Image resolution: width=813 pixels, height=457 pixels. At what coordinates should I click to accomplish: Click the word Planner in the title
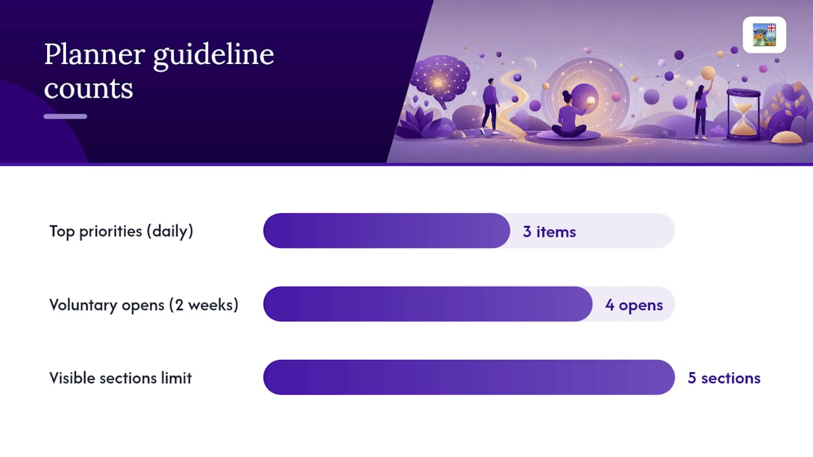tap(95, 55)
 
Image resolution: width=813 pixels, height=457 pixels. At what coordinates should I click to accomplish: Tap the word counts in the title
tap(88, 89)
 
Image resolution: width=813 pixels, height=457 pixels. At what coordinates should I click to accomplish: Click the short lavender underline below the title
tap(65, 116)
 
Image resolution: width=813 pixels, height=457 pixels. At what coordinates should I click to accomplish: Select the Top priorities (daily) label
tap(121, 232)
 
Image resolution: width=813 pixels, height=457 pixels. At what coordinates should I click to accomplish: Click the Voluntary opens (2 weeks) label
tap(144, 305)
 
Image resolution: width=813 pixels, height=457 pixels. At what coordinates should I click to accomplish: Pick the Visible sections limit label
tap(121, 378)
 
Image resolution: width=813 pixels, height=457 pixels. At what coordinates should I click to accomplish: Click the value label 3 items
tap(549, 232)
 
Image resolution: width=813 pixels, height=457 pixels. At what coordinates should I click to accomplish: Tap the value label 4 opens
tap(634, 305)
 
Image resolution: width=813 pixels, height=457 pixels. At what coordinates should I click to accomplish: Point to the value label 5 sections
tap(724, 378)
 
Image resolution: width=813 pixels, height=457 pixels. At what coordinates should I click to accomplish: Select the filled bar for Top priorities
tap(387, 230)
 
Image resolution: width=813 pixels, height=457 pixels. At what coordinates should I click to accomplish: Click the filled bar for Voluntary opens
tap(428, 304)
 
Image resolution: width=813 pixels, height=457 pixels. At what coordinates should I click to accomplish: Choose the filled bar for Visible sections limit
tap(469, 377)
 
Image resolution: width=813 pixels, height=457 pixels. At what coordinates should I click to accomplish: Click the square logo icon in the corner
tap(764, 35)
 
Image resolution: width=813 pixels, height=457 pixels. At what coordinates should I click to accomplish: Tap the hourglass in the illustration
tap(743, 115)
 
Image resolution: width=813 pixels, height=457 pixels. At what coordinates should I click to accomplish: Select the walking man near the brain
tap(490, 106)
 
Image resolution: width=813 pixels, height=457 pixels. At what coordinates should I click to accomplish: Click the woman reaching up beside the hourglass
tap(702, 109)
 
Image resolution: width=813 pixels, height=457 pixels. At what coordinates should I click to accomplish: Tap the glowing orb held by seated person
tap(591, 101)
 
